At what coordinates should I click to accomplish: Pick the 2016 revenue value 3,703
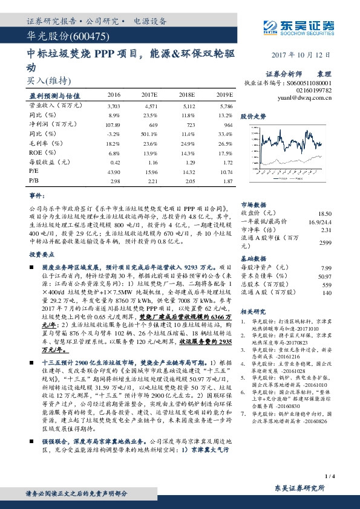(x=114, y=106)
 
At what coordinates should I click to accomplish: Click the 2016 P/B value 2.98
(x=114, y=181)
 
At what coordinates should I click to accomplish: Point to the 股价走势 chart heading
(x=254, y=115)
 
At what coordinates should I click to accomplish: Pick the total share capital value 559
(x=327, y=284)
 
